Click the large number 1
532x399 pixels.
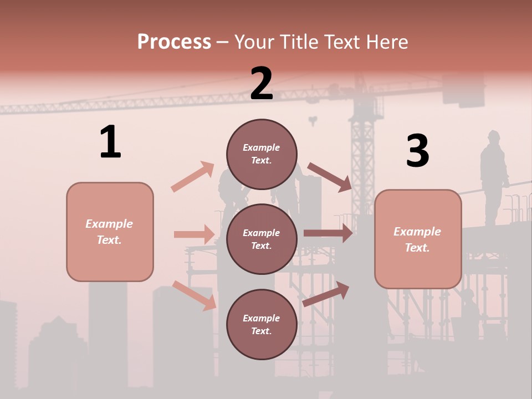click(110, 142)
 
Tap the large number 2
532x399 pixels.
click(262, 84)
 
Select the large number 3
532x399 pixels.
click(417, 151)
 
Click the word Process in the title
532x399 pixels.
click(174, 42)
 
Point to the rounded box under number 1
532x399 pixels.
click(110, 232)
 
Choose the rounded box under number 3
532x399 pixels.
click(418, 239)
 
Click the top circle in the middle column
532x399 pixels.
click(262, 154)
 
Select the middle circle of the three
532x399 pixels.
click(262, 239)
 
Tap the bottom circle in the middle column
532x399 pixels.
click(262, 324)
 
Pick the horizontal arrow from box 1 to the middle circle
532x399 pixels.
click(194, 234)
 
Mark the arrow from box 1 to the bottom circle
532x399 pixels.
click(195, 295)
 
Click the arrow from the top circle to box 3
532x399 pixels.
click(330, 177)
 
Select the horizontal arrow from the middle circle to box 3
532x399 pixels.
click(328, 233)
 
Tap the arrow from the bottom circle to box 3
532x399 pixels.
click(326, 294)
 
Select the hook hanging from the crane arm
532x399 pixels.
click(314, 120)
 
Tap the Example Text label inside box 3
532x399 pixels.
click(417, 239)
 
